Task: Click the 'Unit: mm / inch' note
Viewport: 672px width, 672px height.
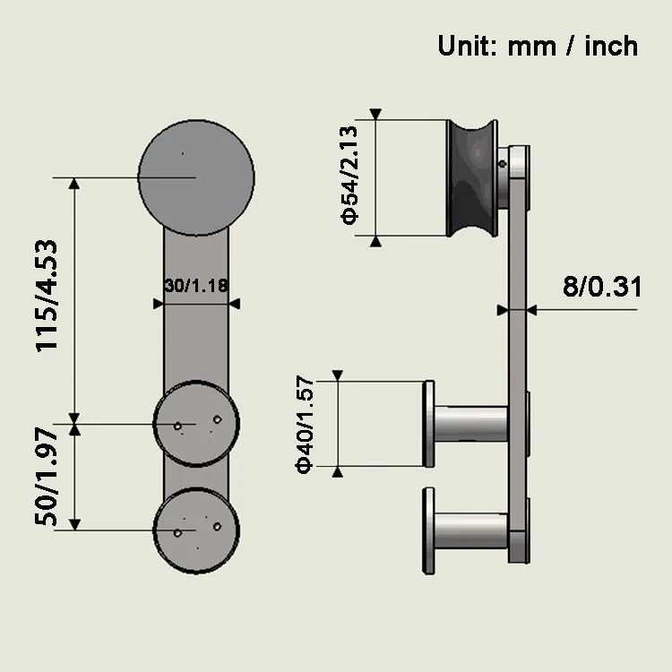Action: point(538,46)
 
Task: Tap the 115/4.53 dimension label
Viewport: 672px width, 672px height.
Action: point(47,297)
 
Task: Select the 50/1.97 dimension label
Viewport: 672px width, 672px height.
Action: point(46,476)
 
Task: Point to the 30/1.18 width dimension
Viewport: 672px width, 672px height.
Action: point(196,286)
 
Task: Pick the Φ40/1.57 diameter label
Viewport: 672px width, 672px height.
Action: point(305,425)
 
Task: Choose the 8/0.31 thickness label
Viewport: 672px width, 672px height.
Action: point(602,287)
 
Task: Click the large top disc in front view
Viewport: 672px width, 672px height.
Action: point(196,177)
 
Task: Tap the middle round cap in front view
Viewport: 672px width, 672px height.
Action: point(196,424)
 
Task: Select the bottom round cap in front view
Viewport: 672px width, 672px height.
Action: point(196,530)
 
